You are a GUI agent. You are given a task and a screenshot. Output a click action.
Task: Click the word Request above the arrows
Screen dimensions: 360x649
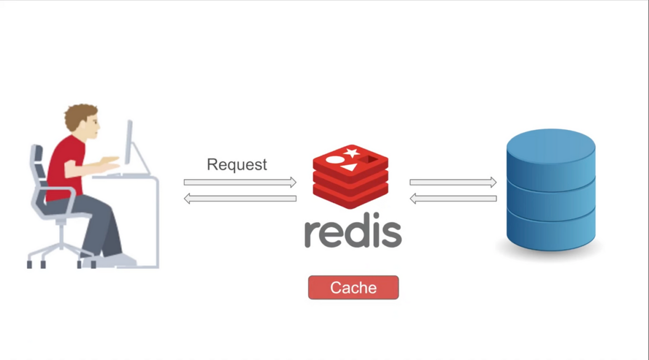tap(237, 165)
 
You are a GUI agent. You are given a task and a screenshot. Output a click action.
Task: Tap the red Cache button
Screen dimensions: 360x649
tap(353, 288)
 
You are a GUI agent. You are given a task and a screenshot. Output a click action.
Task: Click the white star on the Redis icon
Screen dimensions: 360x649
tap(351, 152)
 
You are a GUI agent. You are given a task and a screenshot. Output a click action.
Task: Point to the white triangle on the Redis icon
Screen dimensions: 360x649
tap(349, 167)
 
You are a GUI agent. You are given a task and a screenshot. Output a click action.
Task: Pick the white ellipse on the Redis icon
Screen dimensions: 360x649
tap(335, 160)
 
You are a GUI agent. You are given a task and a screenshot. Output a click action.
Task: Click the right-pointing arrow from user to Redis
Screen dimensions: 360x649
tap(240, 182)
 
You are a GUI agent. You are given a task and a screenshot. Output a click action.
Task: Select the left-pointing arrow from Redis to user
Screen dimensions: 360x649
tap(240, 198)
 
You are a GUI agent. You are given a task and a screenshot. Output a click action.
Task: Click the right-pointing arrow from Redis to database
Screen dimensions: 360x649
tap(453, 182)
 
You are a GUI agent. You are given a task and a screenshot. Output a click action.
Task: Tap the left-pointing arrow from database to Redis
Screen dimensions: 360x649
tap(453, 198)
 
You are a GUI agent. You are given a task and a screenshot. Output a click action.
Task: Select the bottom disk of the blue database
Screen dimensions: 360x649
tap(551, 232)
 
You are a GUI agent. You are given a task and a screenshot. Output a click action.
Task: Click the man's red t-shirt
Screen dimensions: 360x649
tap(64, 165)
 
